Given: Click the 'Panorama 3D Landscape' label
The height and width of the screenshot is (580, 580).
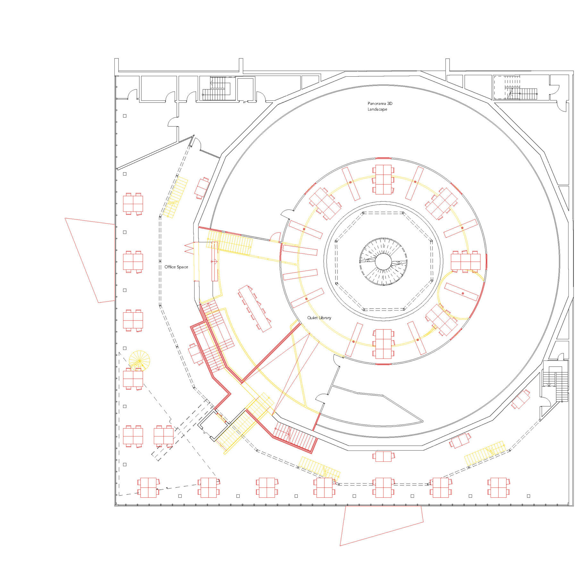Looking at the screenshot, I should pos(380,106).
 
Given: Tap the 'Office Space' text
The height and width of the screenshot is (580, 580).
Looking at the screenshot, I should pos(176,267).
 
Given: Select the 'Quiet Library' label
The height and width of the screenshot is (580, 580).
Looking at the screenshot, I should pos(319,318).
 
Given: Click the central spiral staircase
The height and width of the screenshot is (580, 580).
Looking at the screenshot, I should pos(383,261).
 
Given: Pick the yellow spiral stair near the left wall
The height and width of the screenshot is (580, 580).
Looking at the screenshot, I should pos(139,361).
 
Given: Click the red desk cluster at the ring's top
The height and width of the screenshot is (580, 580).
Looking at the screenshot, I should pos(383,179).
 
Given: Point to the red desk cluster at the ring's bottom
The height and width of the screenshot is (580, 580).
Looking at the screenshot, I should pos(383,344).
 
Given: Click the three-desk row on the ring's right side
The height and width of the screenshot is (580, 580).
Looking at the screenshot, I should pos(466,261).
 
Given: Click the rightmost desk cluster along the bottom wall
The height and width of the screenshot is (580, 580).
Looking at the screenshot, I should pos(498,487).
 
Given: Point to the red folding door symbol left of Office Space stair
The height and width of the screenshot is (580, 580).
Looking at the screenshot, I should pos(189,248).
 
